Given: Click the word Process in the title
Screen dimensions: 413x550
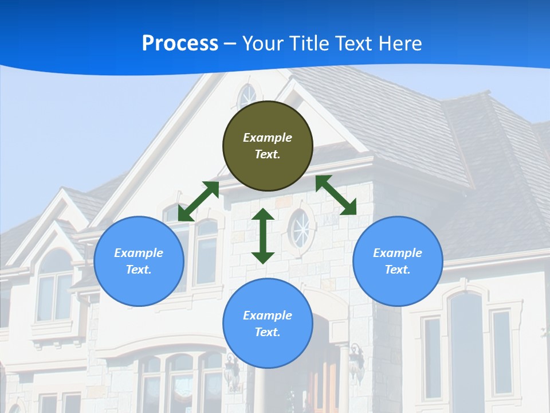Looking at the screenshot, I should (x=180, y=43).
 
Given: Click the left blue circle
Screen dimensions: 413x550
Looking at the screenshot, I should (x=139, y=261).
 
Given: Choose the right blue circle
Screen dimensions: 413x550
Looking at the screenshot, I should (x=398, y=261).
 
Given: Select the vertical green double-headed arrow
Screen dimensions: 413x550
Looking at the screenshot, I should (x=263, y=236).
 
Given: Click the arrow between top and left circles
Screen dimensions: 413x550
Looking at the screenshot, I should (x=199, y=201).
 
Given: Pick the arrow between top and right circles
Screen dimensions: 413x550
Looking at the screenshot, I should (x=336, y=194).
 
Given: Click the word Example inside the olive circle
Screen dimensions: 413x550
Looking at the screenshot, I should (x=268, y=138).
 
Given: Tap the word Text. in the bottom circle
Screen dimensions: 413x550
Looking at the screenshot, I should (x=268, y=332).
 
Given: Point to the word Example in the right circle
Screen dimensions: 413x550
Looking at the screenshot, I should (x=398, y=253).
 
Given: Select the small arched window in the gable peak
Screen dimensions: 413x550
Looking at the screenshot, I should (x=247, y=96).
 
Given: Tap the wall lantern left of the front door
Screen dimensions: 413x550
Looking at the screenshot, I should (x=232, y=370).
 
